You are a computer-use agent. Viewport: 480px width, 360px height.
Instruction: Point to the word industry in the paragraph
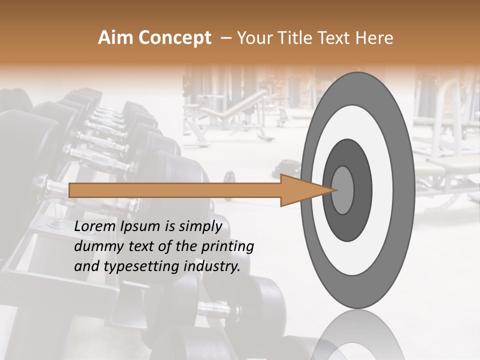(211, 266)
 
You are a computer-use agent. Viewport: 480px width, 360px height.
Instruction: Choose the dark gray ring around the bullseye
(362, 190)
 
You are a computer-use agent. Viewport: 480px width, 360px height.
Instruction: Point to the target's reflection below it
(357, 335)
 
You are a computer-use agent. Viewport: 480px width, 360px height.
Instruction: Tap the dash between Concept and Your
(225, 38)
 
